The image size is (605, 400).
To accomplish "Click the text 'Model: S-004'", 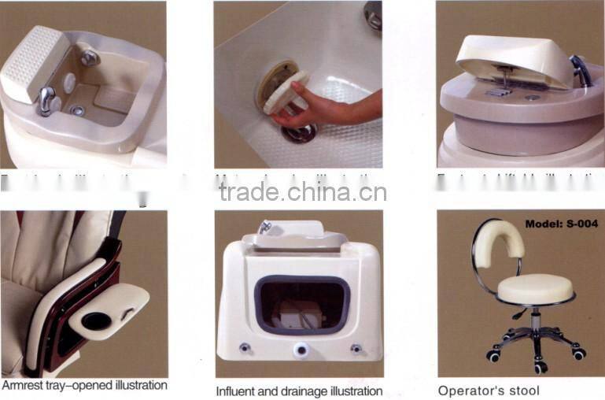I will pyautogui.click(x=561, y=224).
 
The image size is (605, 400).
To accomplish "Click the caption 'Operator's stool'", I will pyautogui.click(x=489, y=391).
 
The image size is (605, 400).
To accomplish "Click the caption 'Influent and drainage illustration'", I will pyautogui.click(x=299, y=391).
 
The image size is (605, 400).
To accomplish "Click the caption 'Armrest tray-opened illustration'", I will pyautogui.click(x=84, y=386).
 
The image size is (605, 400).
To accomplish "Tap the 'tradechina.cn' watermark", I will pyautogui.click(x=302, y=192).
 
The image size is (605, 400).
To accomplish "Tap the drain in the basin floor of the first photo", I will pyautogui.click(x=78, y=111).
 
